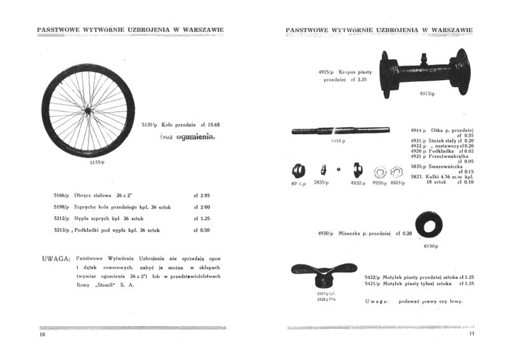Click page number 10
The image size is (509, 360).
point(42,334)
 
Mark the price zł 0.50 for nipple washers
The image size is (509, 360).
point(202,230)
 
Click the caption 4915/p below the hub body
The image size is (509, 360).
point(427,94)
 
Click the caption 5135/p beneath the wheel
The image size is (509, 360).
point(96,162)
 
